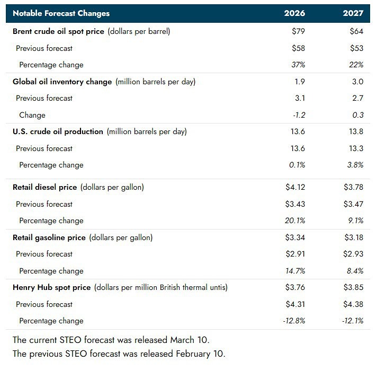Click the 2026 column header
[x=295, y=13]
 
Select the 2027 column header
[x=353, y=13]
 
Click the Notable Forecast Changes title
[x=61, y=13]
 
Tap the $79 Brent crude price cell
[x=299, y=31]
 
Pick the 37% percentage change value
[x=298, y=65]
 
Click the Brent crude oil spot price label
[x=59, y=31]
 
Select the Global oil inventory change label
[x=62, y=82]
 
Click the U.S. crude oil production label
[x=58, y=131]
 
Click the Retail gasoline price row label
[x=49, y=237]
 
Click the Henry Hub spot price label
[x=51, y=287]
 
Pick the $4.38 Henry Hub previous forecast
[x=353, y=304]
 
